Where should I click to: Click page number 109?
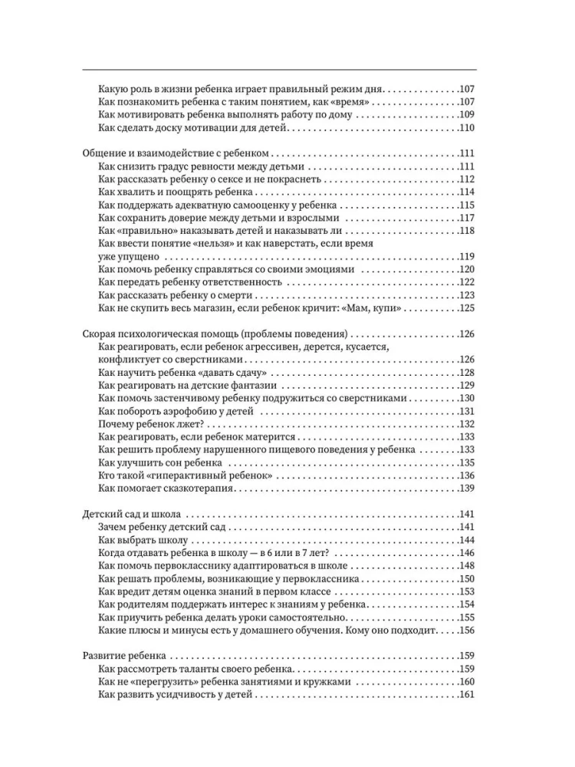pyautogui.click(x=467, y=115)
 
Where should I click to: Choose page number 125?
pyautogui.click(x=467, y=308)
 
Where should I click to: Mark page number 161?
pyautogui.click(x=467, y=696)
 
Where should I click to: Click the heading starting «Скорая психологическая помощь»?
pyautogui.click(x=215, y=334)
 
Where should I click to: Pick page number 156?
pyautogui.click(x=467, y=630)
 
